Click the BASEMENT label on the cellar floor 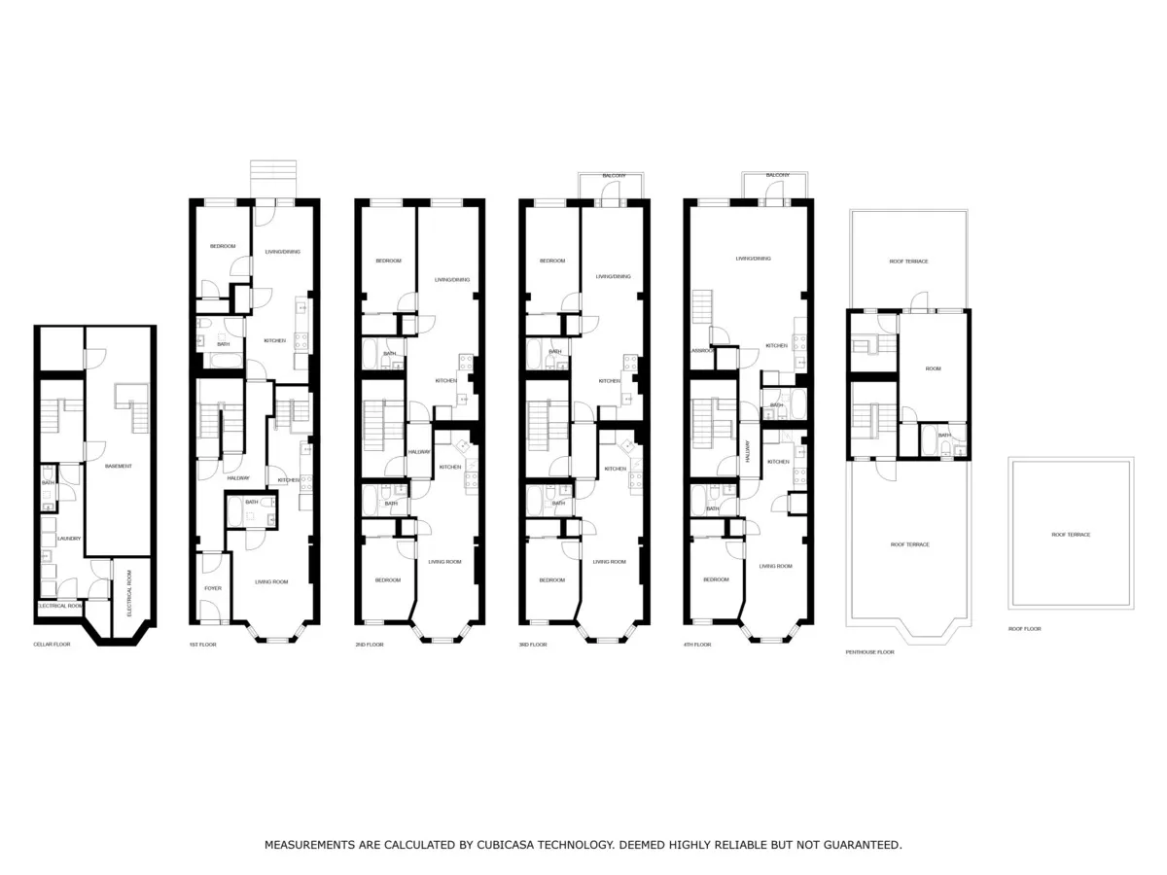click(x=119, y=467)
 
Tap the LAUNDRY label click(x=68, y=538)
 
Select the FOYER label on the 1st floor click(x=212, y=588)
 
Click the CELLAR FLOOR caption click(x=52, y=645)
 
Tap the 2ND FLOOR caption click(x=370, y=645)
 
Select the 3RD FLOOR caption click(x=533, y=645)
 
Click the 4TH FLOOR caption click(x=697, y=645)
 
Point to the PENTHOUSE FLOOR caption click(x=869, y=652)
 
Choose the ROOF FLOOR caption click(x=1024, y=629)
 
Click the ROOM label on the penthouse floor click(x=933, y=369)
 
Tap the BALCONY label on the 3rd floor click(x=614, y=175)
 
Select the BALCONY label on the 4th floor click(x=777, y=175)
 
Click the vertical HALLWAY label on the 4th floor click(x=748, y=451)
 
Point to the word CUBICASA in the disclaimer click(x=511, y=845)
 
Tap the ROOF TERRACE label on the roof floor click(x=1071, y=535)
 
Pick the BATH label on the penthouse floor click(x=943, y=435)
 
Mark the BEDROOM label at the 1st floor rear click(x=223, y=246)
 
